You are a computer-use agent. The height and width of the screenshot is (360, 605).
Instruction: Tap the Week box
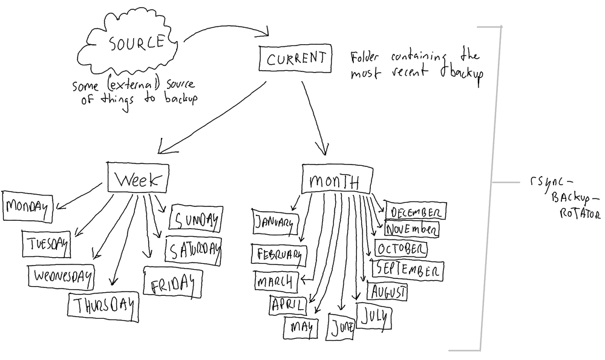[136, 179]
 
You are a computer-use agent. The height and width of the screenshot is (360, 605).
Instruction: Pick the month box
[334, 181]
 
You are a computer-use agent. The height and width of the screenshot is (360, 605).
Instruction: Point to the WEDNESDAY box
[62, 277]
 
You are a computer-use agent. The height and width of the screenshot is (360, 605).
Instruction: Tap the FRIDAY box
[172, 282]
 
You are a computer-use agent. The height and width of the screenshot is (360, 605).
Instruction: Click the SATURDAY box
[193, 250]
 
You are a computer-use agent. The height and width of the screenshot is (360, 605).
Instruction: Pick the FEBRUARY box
[280, 255]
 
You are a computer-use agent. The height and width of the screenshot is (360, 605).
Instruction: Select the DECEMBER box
[416, 212]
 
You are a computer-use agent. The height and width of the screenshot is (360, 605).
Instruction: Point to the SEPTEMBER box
[409, 270]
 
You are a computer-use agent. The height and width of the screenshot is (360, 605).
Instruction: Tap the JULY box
[374, 315]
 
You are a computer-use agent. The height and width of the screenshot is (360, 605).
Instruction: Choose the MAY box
[301, 327]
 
